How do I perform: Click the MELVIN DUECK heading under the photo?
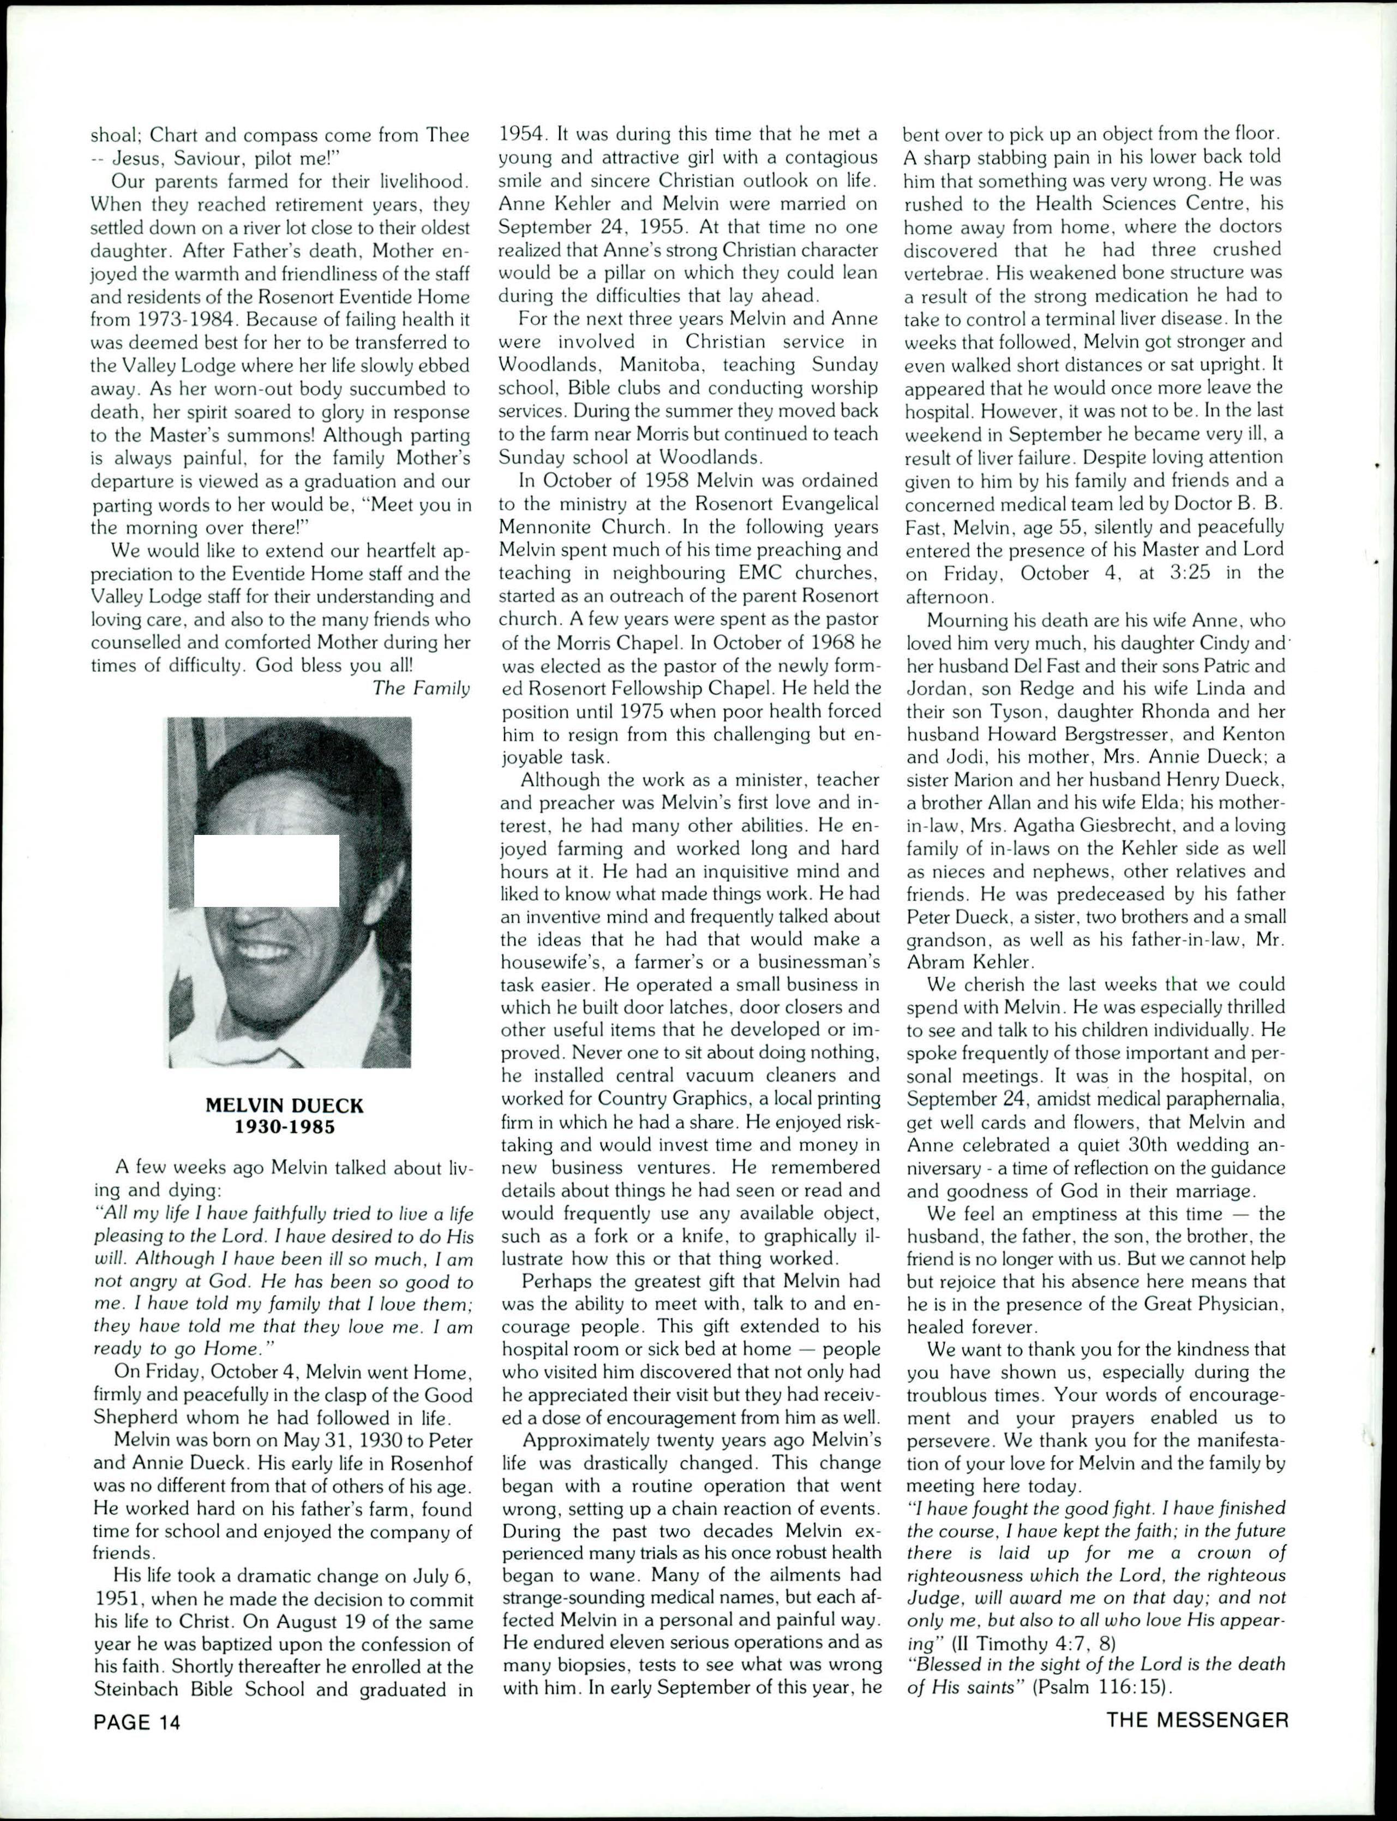tap(284, 1106)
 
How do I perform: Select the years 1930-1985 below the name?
tap(284, 1127)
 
